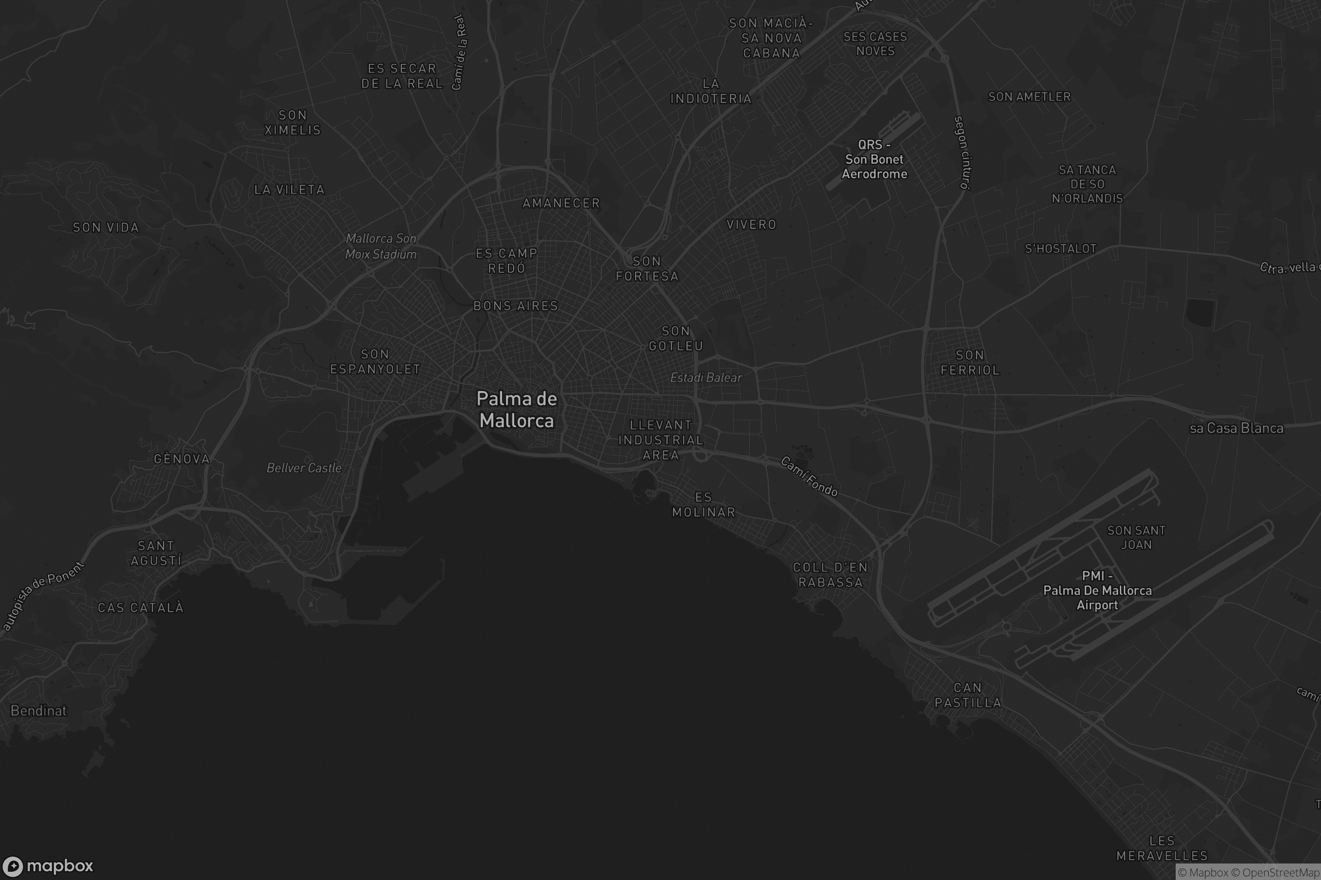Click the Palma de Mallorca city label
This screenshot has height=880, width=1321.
tap(516, 410)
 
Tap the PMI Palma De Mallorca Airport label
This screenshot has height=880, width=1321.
tap(1097, 590)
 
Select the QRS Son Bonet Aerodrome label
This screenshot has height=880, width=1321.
tap(874, 159)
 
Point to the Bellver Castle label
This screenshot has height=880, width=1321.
tap(304, 468)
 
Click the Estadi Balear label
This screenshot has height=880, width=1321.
tap(706, 378)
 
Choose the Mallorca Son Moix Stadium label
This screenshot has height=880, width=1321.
tap(381, 246)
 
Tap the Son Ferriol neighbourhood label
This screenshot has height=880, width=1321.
tap(970, 362)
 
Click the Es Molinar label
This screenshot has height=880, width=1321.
tap(704, 504)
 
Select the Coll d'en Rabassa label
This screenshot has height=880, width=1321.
tap(830, 575)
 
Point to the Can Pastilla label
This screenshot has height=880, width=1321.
tap(968, 695)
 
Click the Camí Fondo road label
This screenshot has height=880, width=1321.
tap(809, 476)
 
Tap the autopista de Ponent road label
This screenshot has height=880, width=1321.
tap(43, 596)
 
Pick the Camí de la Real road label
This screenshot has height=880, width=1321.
tap(459, 52)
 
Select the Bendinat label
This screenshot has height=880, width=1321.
tap(38, 711)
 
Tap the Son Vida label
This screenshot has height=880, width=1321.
tap(106, 227)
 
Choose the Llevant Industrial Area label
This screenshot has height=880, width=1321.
tap(661, 440)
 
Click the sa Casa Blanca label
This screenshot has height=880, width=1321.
tap(1236, 428)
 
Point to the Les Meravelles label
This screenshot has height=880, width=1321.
tap(1162, 848)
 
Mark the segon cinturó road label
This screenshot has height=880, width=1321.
tap(962, 152)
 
